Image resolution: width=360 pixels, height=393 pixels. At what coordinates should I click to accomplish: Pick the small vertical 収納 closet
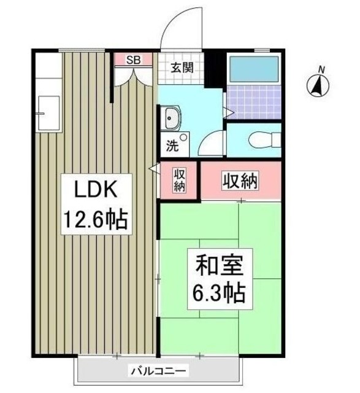pyautogui.click(x=178, y=181)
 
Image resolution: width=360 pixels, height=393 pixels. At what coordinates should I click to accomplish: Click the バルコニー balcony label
pyautogui.click(x=158, y=371)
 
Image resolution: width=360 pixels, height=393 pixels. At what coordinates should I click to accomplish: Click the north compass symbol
pyautogui.click(x=316, y=86)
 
